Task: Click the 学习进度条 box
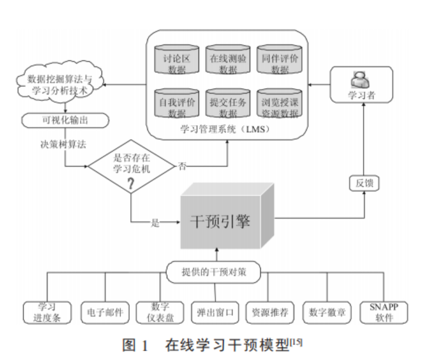pyautogui.click(x=48, y=312)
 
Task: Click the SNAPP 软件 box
pyautogui.click(x=383, y=312)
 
